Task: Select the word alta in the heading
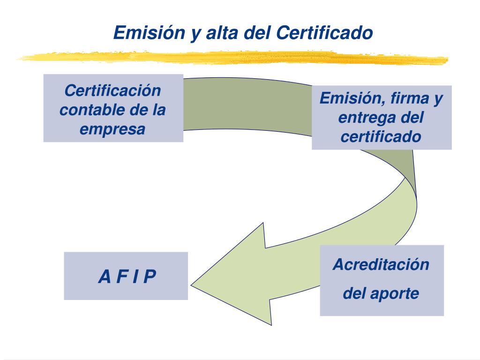click(221, 33)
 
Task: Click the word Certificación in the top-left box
click(112, 90)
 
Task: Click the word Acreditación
click(381, 264)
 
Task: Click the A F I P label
click(127, 277)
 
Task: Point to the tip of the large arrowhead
click(191, 284)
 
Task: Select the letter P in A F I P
click(150, 277)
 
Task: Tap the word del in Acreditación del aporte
click(355, 294)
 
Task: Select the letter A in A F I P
click(104, 277)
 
